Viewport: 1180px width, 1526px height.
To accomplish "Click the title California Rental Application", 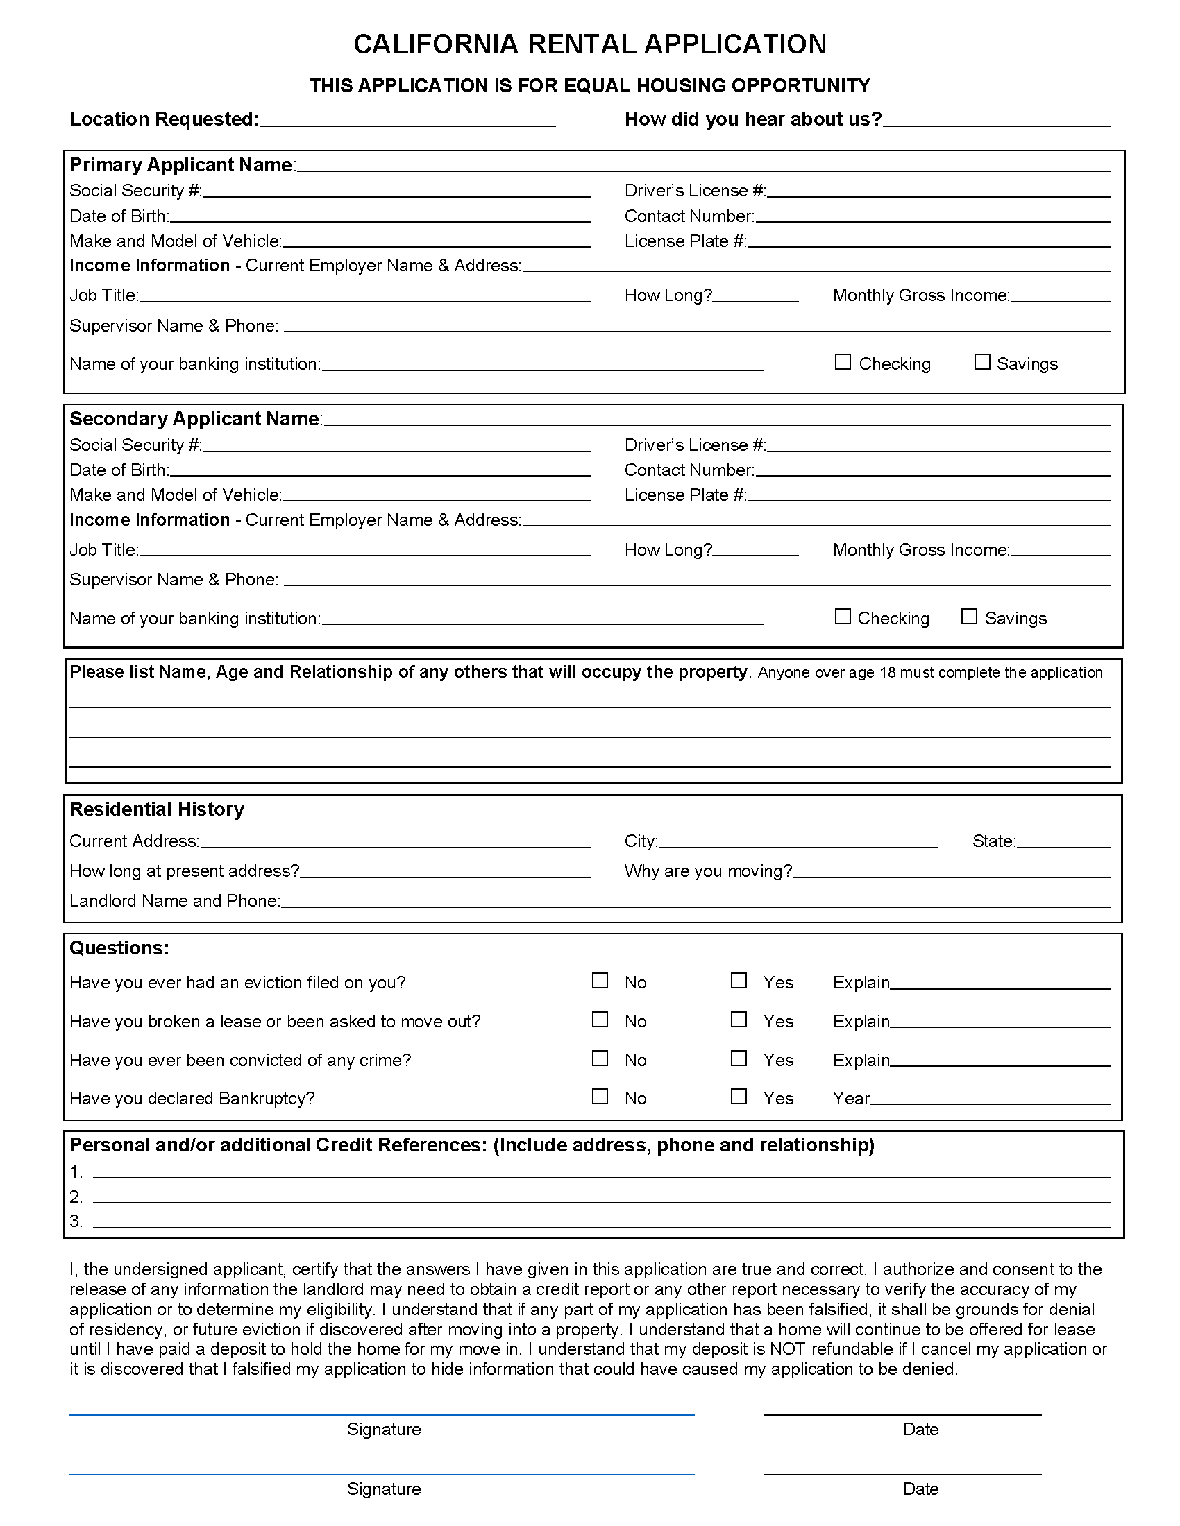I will [589, 44].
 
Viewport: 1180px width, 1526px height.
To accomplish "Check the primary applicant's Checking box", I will [843, 362].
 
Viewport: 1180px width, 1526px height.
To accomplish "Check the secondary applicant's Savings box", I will [968, 616].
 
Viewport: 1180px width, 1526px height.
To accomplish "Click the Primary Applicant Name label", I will [180, 165].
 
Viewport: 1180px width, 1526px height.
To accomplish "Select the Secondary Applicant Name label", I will [194, 418].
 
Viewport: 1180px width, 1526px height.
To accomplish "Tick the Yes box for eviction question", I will [739, 980].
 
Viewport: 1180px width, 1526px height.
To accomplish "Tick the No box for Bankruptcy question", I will [600, 1095].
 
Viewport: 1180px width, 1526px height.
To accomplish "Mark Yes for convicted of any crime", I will [739, 1058].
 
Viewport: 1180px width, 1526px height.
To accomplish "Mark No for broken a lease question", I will [600, 1019].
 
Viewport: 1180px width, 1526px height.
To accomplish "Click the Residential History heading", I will [157, 809].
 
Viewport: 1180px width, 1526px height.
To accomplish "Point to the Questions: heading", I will [119, 948].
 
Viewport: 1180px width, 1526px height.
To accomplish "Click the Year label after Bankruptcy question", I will [850, 1099].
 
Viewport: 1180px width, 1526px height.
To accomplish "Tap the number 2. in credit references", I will [76, 1197].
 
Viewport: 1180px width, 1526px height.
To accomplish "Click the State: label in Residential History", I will [993, 841].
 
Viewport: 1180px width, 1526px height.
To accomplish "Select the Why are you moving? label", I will [708, 871].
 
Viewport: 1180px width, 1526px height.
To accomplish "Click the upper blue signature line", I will [381, 1414].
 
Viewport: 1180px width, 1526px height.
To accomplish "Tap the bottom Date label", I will [920, 1489].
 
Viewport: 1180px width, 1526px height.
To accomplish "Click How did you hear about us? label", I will [753, 119].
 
